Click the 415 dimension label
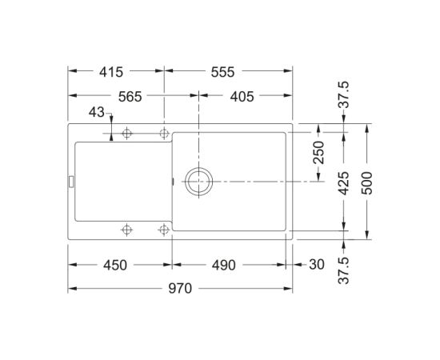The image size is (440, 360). pyautogui.click(x=111, y=72)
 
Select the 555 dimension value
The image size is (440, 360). pyautogui.click(x=222, y=72)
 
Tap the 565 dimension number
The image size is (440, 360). pyautogui.click(x=130, y=97)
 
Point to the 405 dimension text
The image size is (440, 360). pyautogui.click(x=242, y=97)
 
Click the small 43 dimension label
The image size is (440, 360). pyautogui.click(x=97, y=112)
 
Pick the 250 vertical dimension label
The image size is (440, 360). pyautogui.click(x=318, y=152)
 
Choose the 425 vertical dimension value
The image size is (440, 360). pyautogui.click(x=343, y=183)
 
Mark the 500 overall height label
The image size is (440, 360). pyautogui.click(x=366, y=183)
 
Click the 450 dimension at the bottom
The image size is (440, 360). pyautogui.click(x=115, y=265)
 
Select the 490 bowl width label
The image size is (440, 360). pyautogui.click(x=224, y=265)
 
